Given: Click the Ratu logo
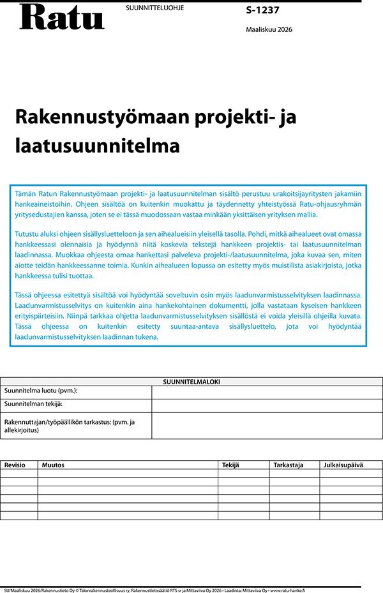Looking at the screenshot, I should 61,17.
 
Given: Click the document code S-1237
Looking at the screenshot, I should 262,10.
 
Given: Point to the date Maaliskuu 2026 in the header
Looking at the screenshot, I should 269,29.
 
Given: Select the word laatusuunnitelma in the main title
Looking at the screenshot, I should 98,146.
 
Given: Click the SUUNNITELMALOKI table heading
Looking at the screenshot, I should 191,382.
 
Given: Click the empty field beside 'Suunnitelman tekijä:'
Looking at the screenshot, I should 267,405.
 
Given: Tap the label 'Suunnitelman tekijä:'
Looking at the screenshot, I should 33,405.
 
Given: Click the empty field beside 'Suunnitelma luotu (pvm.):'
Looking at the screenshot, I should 267,391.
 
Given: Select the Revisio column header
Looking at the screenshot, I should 15,465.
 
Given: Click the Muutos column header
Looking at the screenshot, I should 53,465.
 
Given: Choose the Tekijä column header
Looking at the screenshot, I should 230,465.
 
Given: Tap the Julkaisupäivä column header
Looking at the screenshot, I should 343,465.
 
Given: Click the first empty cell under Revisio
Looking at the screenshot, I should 19,474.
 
